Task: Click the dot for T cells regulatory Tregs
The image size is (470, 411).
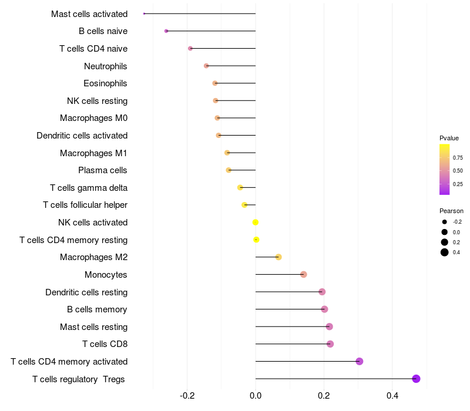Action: pyautogui.click(x=417, y=379)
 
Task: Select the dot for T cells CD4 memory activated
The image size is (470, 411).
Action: pyautogui.click(x=360, y=361)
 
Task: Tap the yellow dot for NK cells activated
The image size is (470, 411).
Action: pyautogui.click(x=256, y=222)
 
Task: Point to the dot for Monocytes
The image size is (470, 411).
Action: pyautogui.click(x=304, y=274)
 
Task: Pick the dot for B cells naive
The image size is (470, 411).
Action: pyautogui.click(x=166, y=31)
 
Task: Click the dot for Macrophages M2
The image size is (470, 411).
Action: pyautogui.click(x=278, y=257)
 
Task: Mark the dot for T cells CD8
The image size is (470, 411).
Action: pyautogui.click(x=330, y=344)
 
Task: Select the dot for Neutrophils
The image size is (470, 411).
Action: pyautogui.click(x=206, y=66)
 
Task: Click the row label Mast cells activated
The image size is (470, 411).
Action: pyautogui.click(x=89, y=14)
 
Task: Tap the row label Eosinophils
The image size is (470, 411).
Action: pyautogui.click(x=105, y=83)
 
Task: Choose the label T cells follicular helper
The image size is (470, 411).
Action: pyautogui.click(x=85, y=205)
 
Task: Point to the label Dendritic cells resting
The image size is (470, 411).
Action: pyautogui.click(x=86, y=292)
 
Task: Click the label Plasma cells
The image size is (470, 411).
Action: pyautogui.click(x=103, y=170)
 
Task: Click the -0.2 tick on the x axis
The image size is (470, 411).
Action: pyautogui.click(x=187, y=396)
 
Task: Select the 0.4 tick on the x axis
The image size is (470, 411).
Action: pyautogui.click(x=392, y=396)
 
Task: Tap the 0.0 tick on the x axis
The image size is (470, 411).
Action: pyautogui.click(x=256, y=396)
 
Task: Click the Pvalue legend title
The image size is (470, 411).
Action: pyautogui.click(x=449, y=138)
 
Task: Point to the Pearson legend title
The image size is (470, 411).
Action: pyautogui.click(x=451, y=211)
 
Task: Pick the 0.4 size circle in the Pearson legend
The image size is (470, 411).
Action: pyautogui.click(x=445, y=252)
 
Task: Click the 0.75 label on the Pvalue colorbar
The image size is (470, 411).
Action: pyautogui.click(x=458, y=157)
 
